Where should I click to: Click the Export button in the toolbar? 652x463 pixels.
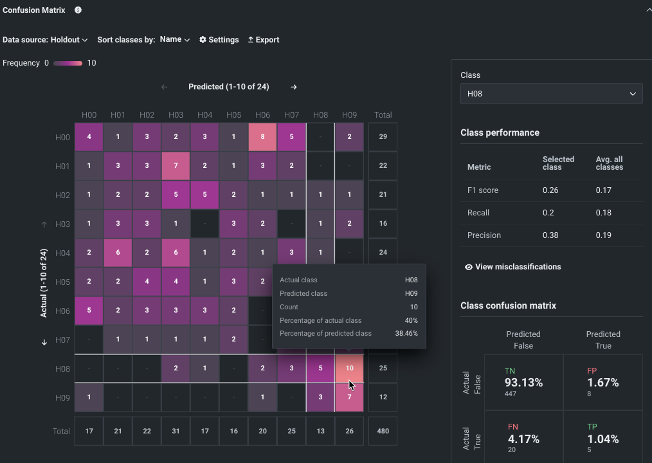[x=264, y=40]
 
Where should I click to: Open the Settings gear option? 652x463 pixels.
[x=219, y=40]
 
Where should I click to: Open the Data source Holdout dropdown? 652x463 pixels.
[x=45, y=40]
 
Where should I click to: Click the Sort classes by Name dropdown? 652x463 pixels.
[x=175, y=40]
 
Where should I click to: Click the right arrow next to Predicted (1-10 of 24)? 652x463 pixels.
[x=294, y=87]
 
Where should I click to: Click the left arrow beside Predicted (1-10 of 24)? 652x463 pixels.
[x=164, y=87]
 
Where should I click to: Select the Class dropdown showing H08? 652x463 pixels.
[x=551, y=94]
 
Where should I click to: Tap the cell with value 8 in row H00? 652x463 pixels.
[x=262, y=137]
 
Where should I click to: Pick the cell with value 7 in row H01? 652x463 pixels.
[x=176, y=166]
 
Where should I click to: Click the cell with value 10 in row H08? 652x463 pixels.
[x=349, y=368]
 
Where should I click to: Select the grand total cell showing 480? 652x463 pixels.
[x=383, y=431]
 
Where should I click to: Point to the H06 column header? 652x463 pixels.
[x=262, y=115]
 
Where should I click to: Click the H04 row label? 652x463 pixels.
[x=62, y=253]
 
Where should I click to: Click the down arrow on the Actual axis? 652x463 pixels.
[x=44, y=342]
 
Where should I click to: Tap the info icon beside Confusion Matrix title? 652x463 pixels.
[x=78, y=10]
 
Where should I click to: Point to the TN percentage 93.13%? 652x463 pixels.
[x=523, y=383]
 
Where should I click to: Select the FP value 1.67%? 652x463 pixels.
[x=602, y=383]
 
